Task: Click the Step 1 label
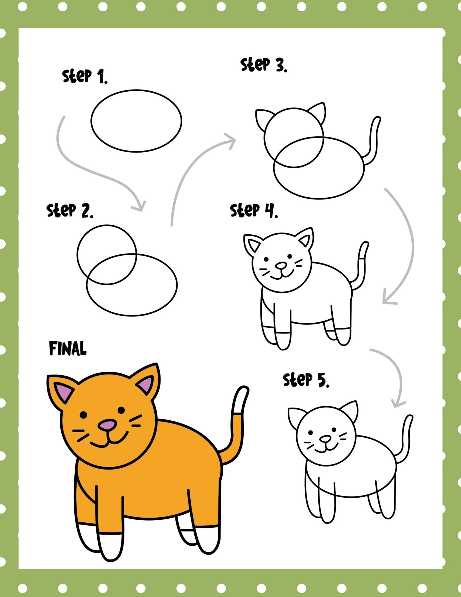(85, 76)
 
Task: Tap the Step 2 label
(70, 210)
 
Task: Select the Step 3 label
(264, 65)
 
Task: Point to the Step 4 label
(254, 210)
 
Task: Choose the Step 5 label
(306, 380)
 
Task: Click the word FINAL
(68, 348)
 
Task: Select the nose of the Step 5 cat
(325, 439)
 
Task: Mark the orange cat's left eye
(84, 415)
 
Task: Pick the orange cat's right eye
(121, 410)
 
